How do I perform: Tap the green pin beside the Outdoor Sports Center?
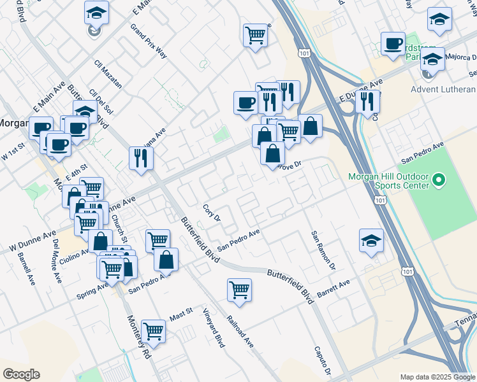[x=438, y=181]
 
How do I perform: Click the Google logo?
[x=21, y=374]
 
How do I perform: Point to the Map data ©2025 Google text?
[x=437, y=377]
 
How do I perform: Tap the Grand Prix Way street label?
[x=149, y=41]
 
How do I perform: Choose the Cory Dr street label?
[x=211, y=213]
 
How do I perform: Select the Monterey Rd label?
[x=138, y=337]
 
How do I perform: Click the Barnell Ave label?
[x=27, y=268]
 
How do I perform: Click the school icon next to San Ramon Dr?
[x=371, y=241]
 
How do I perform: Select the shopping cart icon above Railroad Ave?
[x=240, y=290]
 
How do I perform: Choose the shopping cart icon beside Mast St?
[x=154, y=331]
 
